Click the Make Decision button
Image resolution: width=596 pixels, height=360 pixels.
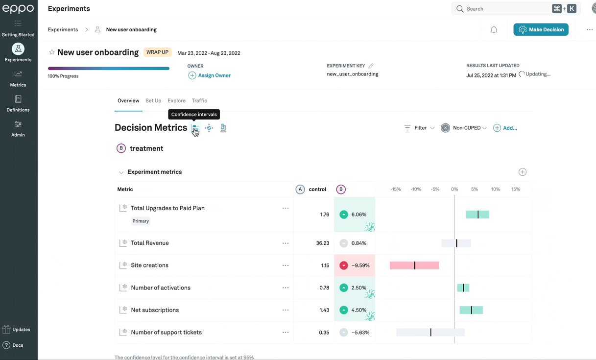coord(541,29)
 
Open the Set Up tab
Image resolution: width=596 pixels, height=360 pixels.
coord(153,100)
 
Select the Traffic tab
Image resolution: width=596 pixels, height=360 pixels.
coord(199,100)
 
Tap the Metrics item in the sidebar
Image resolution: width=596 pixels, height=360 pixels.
coord(18,78)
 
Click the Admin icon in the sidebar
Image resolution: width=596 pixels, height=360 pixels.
coord(18,124)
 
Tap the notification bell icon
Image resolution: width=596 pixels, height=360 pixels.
coord(494,30)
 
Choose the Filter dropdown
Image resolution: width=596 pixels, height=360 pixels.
coord(420,128)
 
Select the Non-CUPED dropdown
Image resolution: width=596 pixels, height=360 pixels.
coord(464,128)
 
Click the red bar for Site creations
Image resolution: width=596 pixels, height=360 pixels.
coord(414,265)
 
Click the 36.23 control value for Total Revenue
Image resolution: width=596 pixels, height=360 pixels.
coord(322,243)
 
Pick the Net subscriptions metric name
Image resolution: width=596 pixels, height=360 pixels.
coord(155,310)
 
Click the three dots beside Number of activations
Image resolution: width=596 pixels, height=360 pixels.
coord(286,288)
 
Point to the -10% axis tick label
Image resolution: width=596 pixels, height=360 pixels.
coord(416,189)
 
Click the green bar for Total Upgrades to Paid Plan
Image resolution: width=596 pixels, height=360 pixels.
coord(477,215)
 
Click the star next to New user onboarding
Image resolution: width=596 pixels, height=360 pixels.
coord(51,52)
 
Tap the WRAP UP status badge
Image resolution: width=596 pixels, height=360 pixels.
coord(158,52)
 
